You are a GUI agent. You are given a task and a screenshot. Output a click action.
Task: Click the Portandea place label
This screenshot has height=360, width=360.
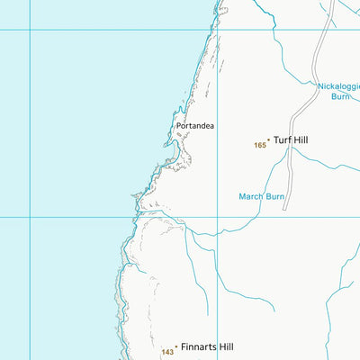click(x=195, y=126)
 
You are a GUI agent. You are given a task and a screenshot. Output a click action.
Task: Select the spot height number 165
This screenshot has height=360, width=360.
click(x=260, y=145)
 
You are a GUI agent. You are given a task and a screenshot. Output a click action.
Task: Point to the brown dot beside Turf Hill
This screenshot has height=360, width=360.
click(x=268, y=139)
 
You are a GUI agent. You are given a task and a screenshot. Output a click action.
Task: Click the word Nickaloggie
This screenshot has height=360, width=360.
click(x=338, y=86)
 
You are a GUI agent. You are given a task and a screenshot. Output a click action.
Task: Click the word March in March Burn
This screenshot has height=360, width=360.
click(x=249, y=196)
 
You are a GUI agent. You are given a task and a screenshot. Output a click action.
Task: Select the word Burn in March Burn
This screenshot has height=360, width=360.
click(x=274, y=196)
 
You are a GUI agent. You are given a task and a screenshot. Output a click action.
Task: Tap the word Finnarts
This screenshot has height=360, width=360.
click(x=198, y=346)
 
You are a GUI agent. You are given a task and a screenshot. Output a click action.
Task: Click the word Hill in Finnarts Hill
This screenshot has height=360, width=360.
click(x=225, y=346)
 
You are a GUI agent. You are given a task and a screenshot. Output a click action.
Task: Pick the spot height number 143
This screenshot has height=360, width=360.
click(x=167, y=352)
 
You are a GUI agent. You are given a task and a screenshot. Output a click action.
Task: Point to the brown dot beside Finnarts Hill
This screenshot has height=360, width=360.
click(x=176, y=346)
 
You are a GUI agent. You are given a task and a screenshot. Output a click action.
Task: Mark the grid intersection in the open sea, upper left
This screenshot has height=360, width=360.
click(x=30, y=30)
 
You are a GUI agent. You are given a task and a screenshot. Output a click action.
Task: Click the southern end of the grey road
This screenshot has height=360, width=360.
click(x=285, y=209)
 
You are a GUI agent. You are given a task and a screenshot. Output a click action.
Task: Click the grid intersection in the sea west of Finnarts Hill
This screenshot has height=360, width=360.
click(x=30, y=217)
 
